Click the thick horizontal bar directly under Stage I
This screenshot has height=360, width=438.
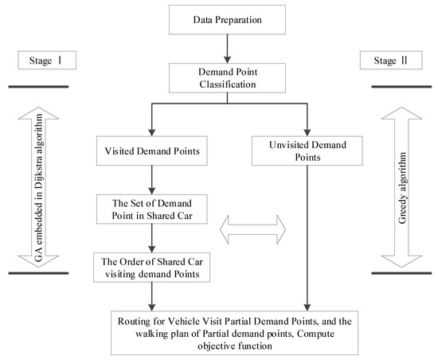(x=38, y=86)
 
